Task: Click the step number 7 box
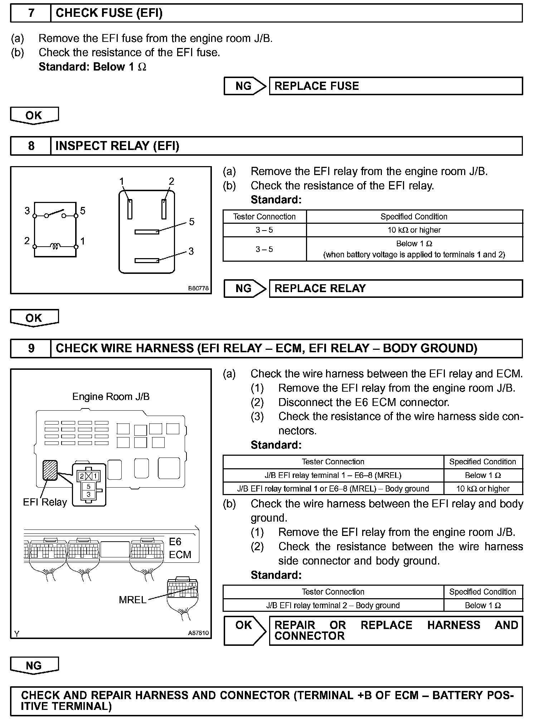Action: click(x=31, y=13)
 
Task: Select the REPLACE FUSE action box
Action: click(x=395, y=86)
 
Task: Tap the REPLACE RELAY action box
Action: click(x=395, y=289)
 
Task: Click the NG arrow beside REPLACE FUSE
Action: click(x=245, y=86)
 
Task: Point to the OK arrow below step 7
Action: click(x=34, y=116)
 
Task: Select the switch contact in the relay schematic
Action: click(x=55, y=214)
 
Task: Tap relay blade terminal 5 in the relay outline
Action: click(x=147, y=232)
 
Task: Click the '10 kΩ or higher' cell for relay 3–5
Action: click(x=414, y=230)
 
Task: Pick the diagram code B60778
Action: click(x=198, y=288)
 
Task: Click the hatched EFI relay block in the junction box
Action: click(x=50, y=470)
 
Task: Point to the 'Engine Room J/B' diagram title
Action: click(x=111, y=397)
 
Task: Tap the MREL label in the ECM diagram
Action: click(x=132, y=600)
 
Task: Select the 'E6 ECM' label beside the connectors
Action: click(x=180, y=548)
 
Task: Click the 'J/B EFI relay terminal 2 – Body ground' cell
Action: click(x=333, y=605)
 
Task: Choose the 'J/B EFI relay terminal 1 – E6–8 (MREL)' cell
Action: click(x=333, y=475)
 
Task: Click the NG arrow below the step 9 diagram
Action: click(x=34, y=666)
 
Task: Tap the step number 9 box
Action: click(x=31, y=348)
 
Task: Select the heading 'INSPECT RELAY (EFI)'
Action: click(x=117, y=146)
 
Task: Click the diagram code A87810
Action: click(x=198, y=633)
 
